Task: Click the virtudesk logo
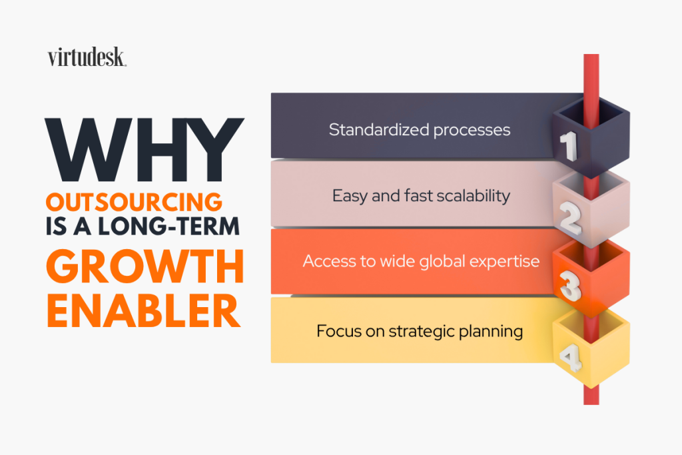(x=87, y=57)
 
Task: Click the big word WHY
(x=145, y=150)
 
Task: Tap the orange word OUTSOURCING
(x=134, y=203)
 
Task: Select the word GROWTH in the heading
(x=145, y=266)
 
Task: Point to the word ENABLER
(x=144, y=310)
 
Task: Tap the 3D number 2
(x=570, y=218)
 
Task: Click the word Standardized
(x=379, y=130)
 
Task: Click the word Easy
(x=350, y=196)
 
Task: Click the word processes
(x=472, y=131)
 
